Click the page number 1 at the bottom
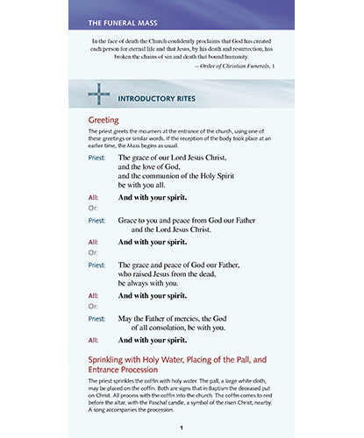coord(181,427)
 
